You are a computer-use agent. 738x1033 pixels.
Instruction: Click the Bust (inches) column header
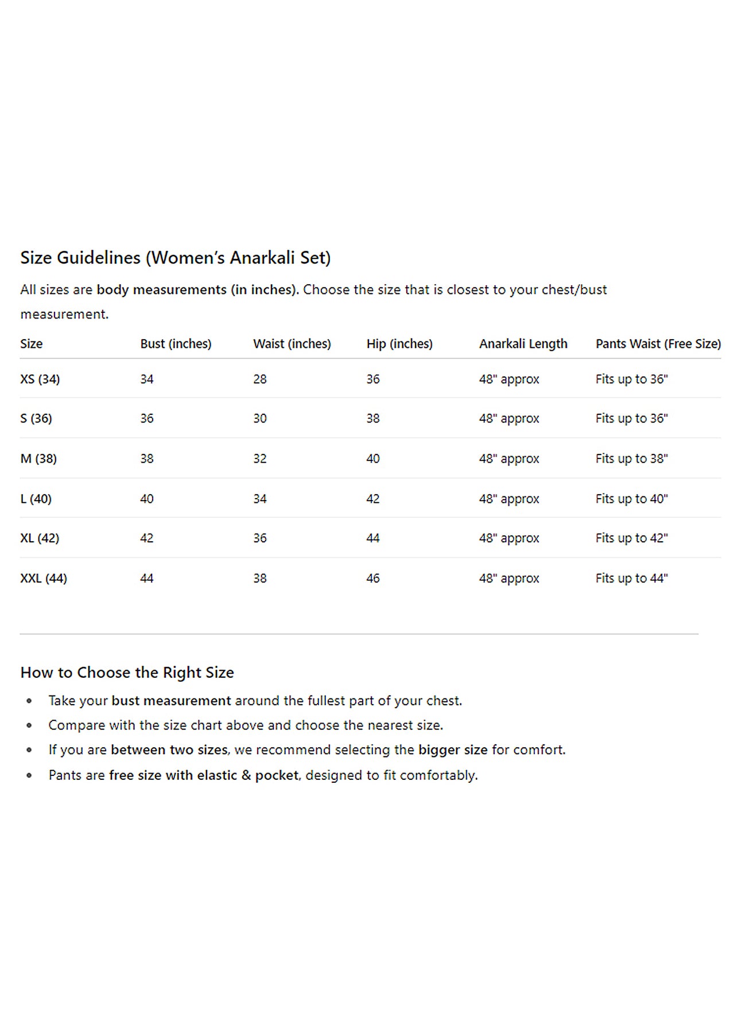pyautogui.click(x=176, y=344)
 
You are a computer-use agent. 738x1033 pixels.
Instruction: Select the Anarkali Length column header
pyautogui.click(x=523, y=344)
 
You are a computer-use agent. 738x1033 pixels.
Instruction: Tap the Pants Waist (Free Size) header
pyautogui.click(x=658, y=344)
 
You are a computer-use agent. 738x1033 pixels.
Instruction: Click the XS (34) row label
pyautogui.click(x=40, y=379)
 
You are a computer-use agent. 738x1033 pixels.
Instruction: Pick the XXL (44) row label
pyautogui.click(x=44, y=578)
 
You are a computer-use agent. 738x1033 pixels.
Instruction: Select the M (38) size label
pyautogui.click(x=38, y=459)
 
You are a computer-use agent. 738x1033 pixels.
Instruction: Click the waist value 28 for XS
pyautogui.click(x=260, y=379)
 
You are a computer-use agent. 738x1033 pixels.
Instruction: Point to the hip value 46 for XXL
pyautogui.click(x=373, y=578)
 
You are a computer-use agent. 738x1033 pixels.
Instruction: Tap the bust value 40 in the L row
pyautogui.click(x=147, y=499)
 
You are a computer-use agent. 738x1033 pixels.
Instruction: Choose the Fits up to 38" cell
pyautogui.click(x=631, y=459)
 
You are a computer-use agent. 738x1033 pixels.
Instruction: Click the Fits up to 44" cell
pyautogui.click(x=631, y=578)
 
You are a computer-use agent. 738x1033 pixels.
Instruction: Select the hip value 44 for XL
pyautogui.click(x=373, y=538)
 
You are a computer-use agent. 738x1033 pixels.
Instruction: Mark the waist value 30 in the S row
pyautogui.click(x=260, y=418)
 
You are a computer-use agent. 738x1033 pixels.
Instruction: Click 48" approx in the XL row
pyautogui.click(x=509, y=538)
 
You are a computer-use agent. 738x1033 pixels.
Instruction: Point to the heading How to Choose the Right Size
pyautogui.click(x=127, y=673)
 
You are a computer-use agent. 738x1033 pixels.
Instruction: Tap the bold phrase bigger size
pyautogui.click(x=453, y=750)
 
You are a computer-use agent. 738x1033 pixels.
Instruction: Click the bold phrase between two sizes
pyautogui.click(x=169, y=750)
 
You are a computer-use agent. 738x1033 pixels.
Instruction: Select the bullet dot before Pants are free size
pyautogui.click(x=29, y=775)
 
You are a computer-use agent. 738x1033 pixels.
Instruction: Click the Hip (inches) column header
pyautogui.click(x=399, y=344)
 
